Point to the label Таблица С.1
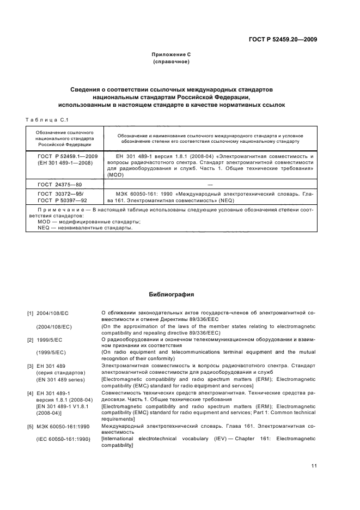click(x=46, y=120)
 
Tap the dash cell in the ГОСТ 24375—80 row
click(x=209, y=185)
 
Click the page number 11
click(x=314, y=465)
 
